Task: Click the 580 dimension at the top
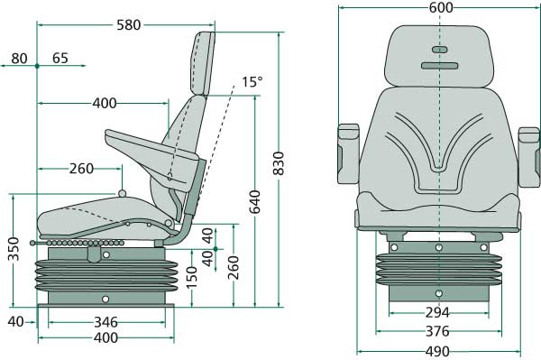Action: pos(129,25)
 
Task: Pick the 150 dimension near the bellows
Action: pos(191,284)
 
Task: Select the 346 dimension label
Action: pos(106,321)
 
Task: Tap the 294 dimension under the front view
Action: pos(437,313)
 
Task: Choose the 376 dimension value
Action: pos(437,332)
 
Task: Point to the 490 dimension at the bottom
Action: pos(438,351)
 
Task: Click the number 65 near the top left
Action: pos(60,59)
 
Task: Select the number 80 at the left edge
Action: pos(19,59)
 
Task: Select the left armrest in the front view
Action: pos(347,149)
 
